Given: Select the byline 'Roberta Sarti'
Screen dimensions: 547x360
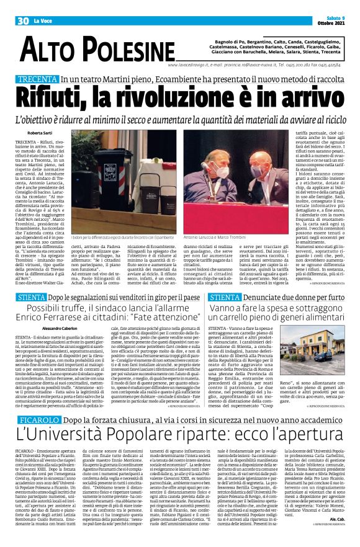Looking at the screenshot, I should (40, 133).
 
